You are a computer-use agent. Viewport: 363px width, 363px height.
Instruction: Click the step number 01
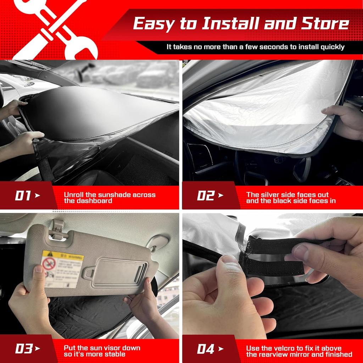tap(23, 195)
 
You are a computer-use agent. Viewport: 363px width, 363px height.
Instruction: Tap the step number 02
tap(206, 195)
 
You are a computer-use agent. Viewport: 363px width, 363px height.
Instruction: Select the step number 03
tap(23, 349)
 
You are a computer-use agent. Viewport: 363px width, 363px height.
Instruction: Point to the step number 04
tap(206, 349)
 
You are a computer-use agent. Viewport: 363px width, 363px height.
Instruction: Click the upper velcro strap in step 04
tap(280, 244)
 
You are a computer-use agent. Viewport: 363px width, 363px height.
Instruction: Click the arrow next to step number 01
tap(38, 195)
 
